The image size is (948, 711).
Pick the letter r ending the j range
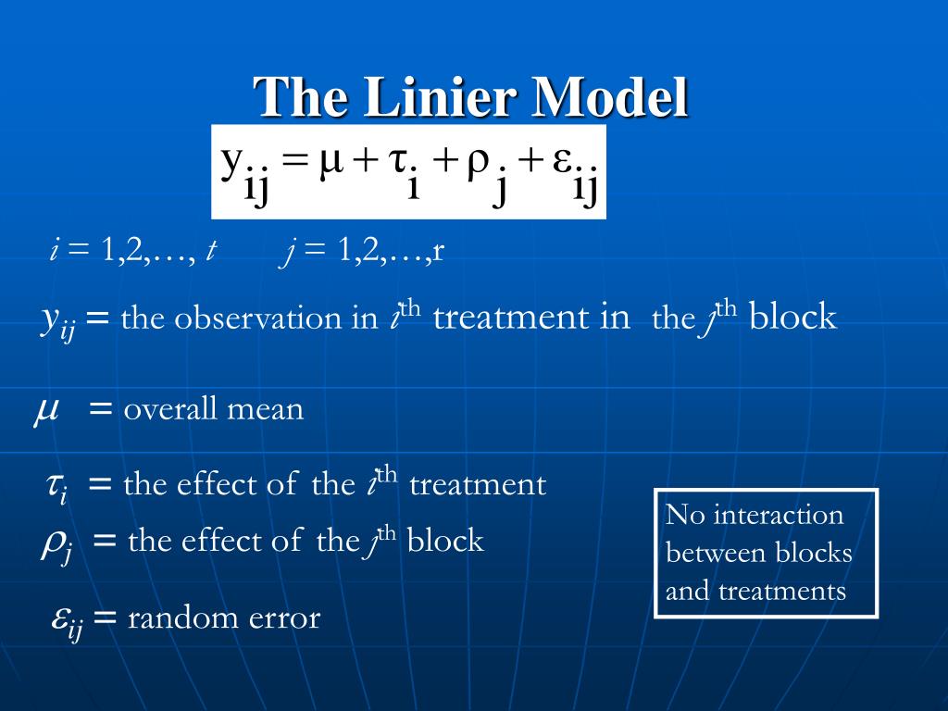[x=439, y=251]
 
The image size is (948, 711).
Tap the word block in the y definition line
[x=792, y=318]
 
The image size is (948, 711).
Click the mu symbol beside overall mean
[x=47, y=408]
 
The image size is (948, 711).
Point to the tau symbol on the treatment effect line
[x=55, y=484]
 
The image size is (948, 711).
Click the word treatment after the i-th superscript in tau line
[x=478, y=484]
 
